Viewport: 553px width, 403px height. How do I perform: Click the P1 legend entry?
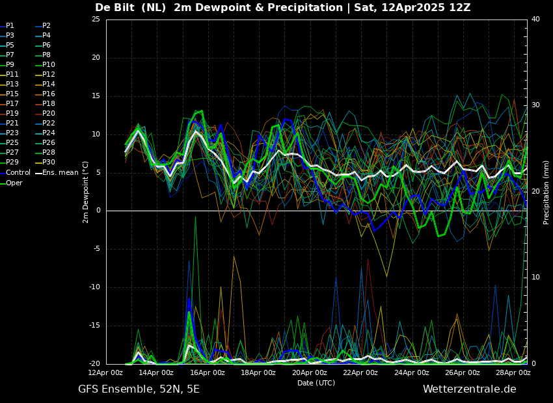[x=7, y=26]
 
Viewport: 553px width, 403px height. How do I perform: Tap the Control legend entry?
[x=15, y=173]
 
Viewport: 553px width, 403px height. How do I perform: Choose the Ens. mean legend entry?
[x=57, y=173]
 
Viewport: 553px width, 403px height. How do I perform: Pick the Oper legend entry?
[x=11, y=183]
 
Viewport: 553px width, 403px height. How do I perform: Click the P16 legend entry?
[x=46, y=94]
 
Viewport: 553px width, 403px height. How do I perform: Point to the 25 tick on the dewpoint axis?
[x=96, y=19]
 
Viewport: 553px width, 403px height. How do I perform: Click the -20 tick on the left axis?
[x=94, y=364]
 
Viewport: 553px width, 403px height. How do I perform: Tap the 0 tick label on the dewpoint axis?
[x=98, y=211]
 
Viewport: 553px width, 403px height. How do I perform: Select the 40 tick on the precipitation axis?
[x=535, y=19]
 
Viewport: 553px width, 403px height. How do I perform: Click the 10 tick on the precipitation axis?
[x=535, y=278]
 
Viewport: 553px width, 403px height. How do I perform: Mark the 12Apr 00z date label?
[x=105, y=372]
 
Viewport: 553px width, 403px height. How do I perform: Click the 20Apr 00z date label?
[x=310, y=372]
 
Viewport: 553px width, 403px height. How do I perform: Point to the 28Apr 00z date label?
[x=513, y=372]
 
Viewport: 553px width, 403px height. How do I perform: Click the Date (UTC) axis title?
[x=316, y=383]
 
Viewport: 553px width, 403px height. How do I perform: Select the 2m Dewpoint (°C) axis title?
[x=86, y=192]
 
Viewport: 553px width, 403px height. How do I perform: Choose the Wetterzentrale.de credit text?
[x=470, y=389]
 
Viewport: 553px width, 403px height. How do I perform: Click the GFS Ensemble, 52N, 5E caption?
[x=139, y=389]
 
